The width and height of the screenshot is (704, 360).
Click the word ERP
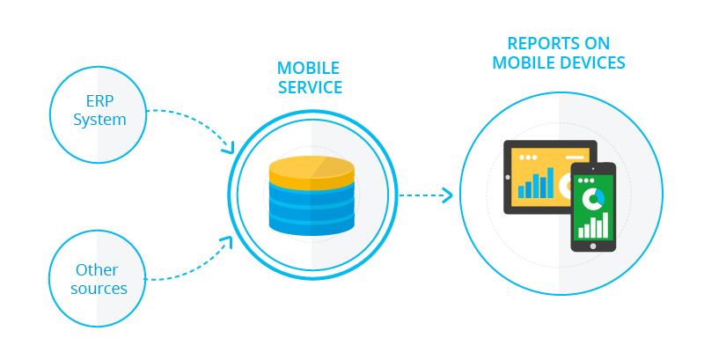[x=99, y=99]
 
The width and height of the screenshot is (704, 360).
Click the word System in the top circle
[x=99, y=119]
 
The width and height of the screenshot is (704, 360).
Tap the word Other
[x=97, y=269]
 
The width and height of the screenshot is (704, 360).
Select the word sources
[x=99, y=289]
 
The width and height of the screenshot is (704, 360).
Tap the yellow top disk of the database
[x=312, y=169]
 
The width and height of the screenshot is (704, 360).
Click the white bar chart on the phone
[x=592, y=225]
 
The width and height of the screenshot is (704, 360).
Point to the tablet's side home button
[x=508, y=177]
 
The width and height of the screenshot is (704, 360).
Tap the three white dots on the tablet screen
[x=529, y=158]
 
